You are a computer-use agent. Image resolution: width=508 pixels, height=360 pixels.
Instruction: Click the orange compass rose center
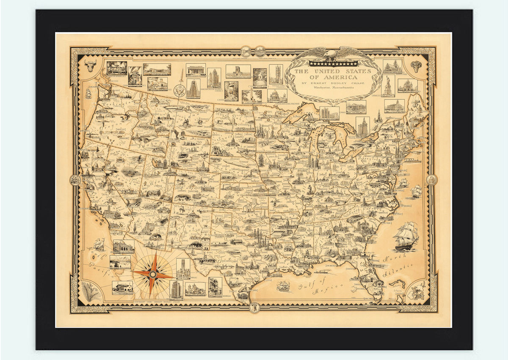(x=153, y=275)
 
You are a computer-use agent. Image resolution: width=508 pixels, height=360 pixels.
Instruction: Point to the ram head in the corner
(x=417, y=66)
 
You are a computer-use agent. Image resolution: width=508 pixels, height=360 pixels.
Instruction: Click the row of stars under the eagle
(x=333, y=63)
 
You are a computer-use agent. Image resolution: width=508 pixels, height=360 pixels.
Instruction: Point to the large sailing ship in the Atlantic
(x=406, y=236)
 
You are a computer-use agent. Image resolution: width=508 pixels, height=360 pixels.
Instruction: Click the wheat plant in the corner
(x=91, y=292)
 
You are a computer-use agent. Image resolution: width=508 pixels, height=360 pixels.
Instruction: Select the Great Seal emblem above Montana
(x=178, y=90)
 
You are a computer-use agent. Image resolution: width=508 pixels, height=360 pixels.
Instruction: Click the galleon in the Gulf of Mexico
(x=283, y=286)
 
